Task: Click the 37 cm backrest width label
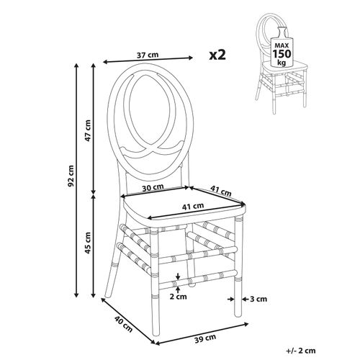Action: [148, 55]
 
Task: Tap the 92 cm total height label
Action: [71, 176]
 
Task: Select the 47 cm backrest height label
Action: [88, 130]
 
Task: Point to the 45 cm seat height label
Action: [88, 243]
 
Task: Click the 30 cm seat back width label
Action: [153, 187]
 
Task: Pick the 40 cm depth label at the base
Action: [123, 324]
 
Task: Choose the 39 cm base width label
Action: [204, 338]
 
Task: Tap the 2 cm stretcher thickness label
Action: [178, 297]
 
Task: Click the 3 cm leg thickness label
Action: [258, 299]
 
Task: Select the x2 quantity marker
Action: [217, 55]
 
